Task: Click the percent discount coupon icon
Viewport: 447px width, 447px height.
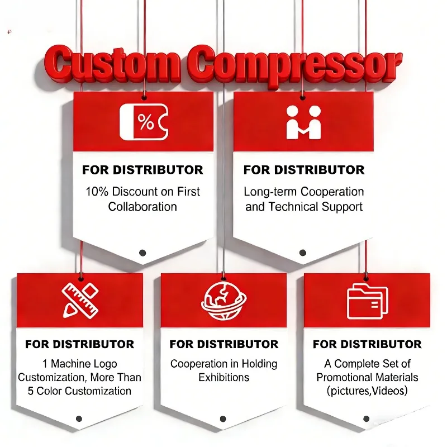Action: click(144, 122)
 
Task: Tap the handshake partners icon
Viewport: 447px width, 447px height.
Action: click(303, 122)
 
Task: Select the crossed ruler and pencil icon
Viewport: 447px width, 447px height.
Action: click(80, 301)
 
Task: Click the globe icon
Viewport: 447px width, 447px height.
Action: click(224, 301)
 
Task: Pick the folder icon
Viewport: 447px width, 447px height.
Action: click(368, 301)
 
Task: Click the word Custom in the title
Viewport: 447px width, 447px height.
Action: click(112, 64)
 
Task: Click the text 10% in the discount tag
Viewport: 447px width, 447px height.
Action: click(97, 192)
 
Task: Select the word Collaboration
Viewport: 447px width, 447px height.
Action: click(142, 207)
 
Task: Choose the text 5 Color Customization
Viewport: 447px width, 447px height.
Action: click(79, 391)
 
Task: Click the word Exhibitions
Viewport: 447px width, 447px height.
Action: click(224, 378)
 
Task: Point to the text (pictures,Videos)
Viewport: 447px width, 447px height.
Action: click(367, 391)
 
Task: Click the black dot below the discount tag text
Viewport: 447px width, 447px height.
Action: click(142, 253)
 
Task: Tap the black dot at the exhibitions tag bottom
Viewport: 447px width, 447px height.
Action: click(223, 419)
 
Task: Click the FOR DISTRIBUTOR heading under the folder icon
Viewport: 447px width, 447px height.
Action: click(367, 344)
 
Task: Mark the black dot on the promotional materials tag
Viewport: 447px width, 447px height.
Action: click(367, 419)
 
